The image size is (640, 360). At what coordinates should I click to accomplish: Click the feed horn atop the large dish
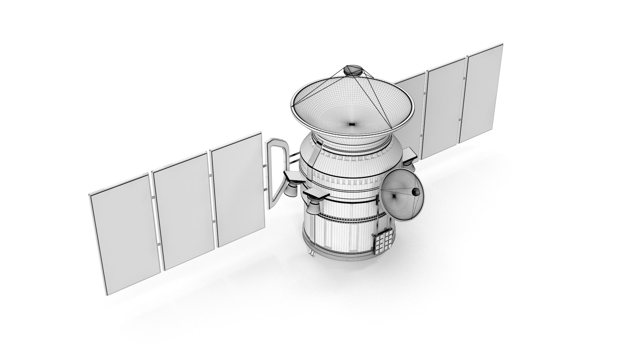pos(353,70)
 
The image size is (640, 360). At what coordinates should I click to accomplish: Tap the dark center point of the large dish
pos(351,124)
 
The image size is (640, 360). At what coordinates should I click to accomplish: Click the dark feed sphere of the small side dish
pos(416,192)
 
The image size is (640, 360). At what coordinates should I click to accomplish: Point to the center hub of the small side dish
pos(395,196)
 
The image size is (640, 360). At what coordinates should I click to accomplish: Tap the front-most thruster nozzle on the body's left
pos(312,207)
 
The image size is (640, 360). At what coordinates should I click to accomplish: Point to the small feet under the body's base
pos(312,254)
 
